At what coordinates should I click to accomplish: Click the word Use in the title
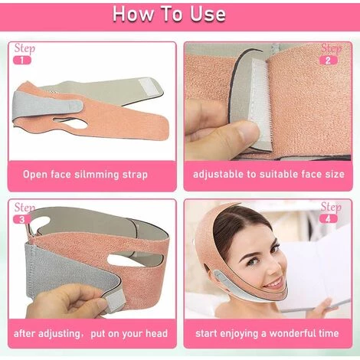208,14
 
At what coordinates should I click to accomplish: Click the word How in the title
133,14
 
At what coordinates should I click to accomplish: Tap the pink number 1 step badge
22,61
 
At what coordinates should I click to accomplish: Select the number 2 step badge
329,61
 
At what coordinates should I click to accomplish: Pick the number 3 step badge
22,219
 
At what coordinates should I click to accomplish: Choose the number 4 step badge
329,219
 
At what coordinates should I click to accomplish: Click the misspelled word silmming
97,175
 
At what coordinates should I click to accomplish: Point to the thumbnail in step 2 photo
246,132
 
